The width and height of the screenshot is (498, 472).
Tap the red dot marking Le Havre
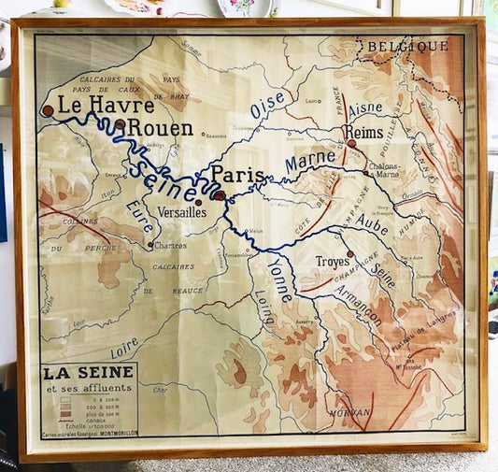point(47,110)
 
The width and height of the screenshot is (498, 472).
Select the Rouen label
point(159,127)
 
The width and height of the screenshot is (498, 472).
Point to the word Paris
point(236,175)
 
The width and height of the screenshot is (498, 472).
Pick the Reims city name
point(363,132)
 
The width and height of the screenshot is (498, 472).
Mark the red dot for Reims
point(352,144)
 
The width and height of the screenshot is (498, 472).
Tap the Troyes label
point(332,262)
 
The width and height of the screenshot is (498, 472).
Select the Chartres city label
point(168,246)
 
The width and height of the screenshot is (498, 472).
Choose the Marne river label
point(310,164)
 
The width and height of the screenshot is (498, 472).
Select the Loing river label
point(264,307)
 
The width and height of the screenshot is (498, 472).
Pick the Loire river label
point(125,349)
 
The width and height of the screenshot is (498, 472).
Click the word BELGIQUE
point(406,45)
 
